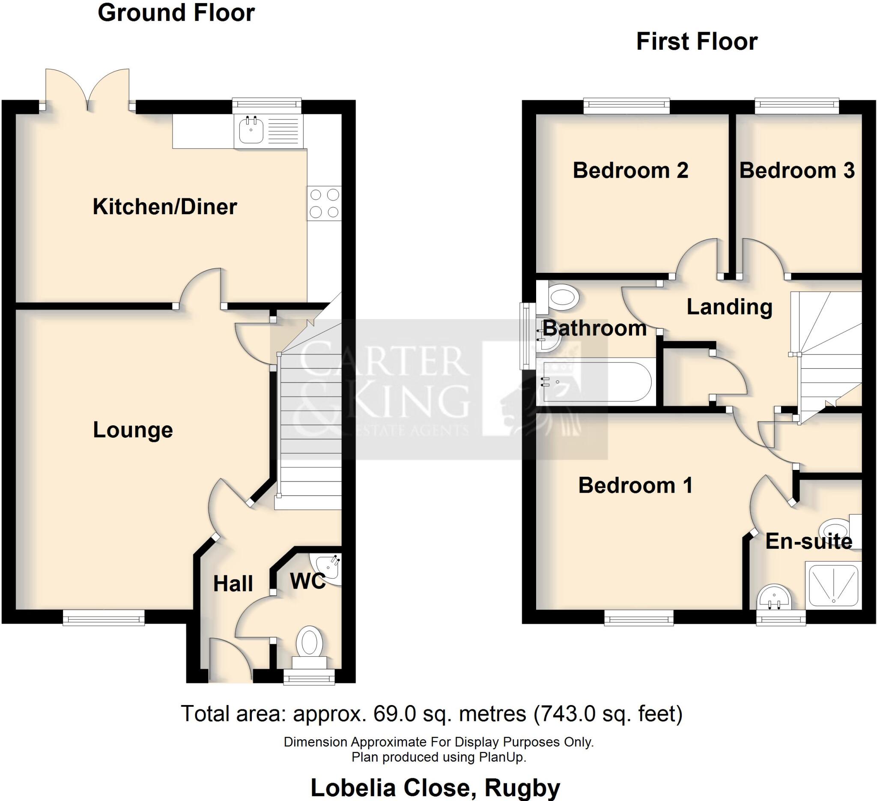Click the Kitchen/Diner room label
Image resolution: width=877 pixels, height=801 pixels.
tap(165, 207)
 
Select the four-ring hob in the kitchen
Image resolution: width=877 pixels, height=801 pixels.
tap(324, 203)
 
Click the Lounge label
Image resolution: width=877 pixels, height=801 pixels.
tap(133, 430)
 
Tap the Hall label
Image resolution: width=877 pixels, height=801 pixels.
tap(233, 584)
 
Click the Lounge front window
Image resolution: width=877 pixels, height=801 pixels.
tap(104, 617)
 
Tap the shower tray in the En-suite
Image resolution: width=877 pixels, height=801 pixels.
tap(832, 584)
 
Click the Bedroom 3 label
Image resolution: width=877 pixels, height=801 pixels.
tap(797, 170)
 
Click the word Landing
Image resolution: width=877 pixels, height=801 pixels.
tap(730, 307)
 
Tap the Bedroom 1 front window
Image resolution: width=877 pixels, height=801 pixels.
tap(638, 618)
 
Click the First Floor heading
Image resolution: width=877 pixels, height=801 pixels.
tap(696, 42)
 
